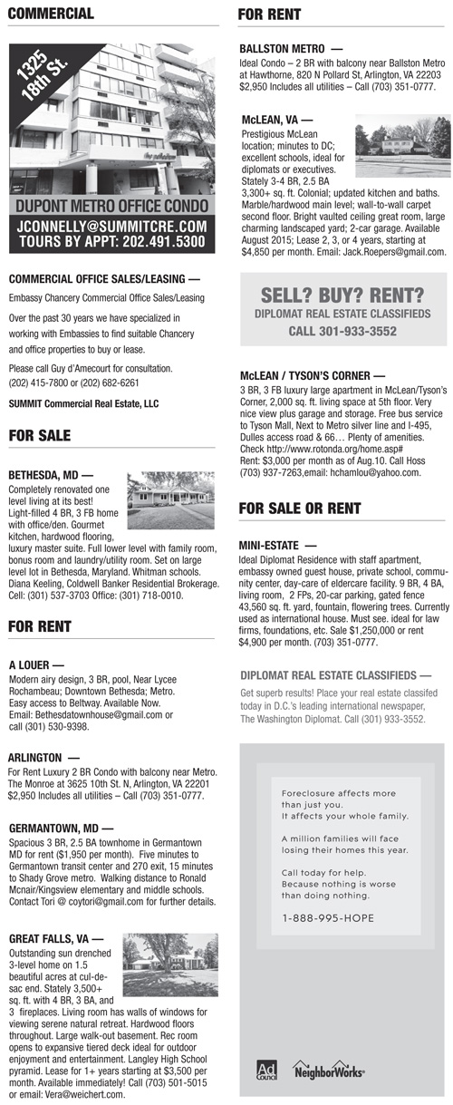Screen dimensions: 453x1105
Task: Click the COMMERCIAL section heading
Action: click(51, 14)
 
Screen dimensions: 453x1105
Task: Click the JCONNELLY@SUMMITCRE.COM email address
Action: click(112, 226)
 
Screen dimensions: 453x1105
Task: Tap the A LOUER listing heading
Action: click(36, 664)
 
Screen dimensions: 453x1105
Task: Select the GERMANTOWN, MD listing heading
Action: click(60, 828)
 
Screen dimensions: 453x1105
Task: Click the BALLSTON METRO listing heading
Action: click(291, 48)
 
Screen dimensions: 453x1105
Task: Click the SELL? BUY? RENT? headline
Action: click(342, 295)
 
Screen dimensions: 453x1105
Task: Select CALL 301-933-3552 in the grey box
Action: click(342, 332)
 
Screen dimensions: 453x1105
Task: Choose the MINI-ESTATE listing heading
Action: click(278, 547)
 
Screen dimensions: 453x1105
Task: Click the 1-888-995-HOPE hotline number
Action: click(328, 918)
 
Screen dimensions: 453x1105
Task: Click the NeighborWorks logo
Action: click(330, 1071)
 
